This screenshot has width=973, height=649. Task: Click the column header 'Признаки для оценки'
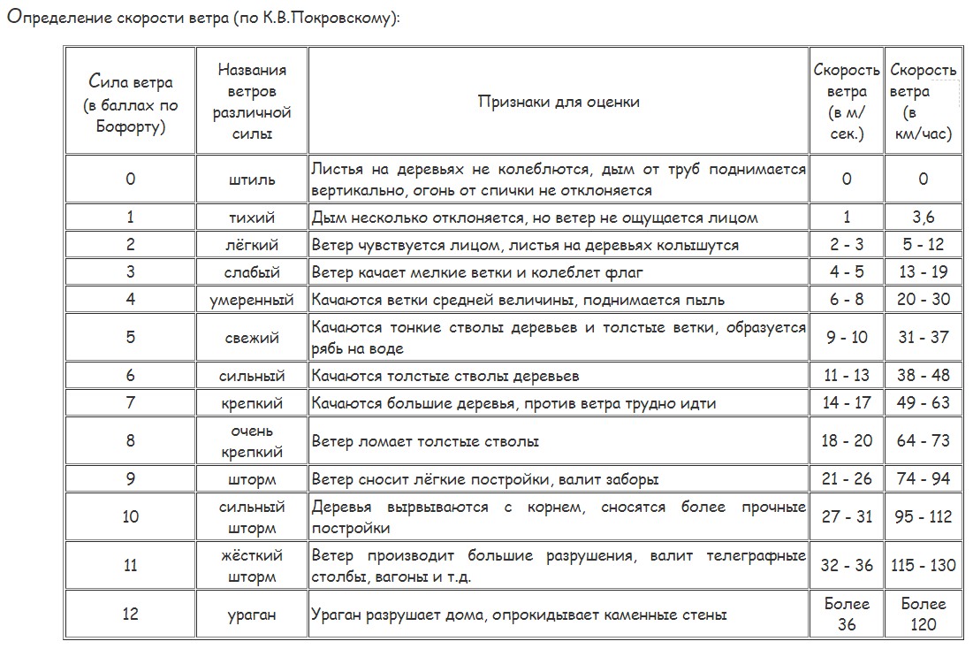(x=559, y=102)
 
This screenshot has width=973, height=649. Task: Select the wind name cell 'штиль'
(x=252, y=179)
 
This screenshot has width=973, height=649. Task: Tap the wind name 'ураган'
(x=252, y=615)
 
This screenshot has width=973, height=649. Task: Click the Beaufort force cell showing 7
(x=131, y=403)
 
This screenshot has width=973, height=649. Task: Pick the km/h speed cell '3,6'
(x=923, y=218)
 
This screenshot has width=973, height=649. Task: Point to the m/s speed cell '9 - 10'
(x=847, y=338)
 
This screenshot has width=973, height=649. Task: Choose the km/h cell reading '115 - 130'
(x=923, y=565)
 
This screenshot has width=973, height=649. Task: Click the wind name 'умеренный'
(x=252, y=300)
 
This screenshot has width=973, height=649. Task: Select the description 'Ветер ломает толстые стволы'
(x=425, y=441)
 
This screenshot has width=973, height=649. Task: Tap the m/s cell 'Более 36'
(x=847, y=615)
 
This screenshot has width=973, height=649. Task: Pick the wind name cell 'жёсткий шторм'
(x=252, y=566)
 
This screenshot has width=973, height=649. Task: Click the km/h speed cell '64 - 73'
(x=923, y=441)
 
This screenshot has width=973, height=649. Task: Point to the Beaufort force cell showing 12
(x=131, y=615)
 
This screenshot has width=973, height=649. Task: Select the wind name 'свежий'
(x=252, y=338)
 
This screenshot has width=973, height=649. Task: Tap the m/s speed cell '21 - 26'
(x=847, y=479)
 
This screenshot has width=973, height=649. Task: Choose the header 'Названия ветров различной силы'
(x=252, y=102)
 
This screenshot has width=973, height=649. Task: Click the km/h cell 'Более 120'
(x=923, y=615)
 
